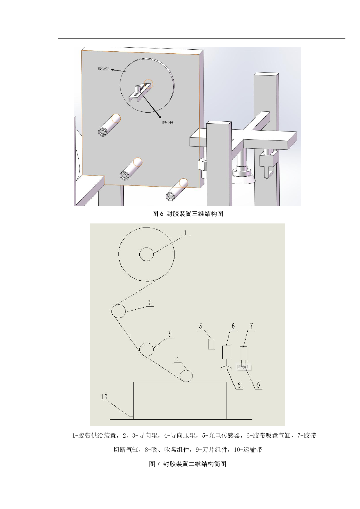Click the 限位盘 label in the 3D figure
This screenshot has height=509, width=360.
click(103, 69)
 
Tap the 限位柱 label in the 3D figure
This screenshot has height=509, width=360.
click(168, 123)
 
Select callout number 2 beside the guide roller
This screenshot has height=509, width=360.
click(150, 303)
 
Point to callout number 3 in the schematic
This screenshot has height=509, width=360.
click(170, 334)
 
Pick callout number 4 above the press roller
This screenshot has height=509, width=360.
click(178, 358)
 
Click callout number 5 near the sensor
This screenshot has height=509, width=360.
click(200, 326)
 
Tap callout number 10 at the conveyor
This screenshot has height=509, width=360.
click(104, 397)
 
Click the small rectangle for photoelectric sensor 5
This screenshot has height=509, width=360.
click(211, 344)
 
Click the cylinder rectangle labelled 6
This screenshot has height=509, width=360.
click(226, 352)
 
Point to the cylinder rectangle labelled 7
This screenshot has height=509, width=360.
click(244, 353)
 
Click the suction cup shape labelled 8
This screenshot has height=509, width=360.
click(226, 368)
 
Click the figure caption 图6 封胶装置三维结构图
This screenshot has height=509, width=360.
click(188, 214)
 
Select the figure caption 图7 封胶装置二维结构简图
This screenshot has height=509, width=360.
click(188, 464)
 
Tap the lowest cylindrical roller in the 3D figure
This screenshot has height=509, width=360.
click(177, 190)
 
